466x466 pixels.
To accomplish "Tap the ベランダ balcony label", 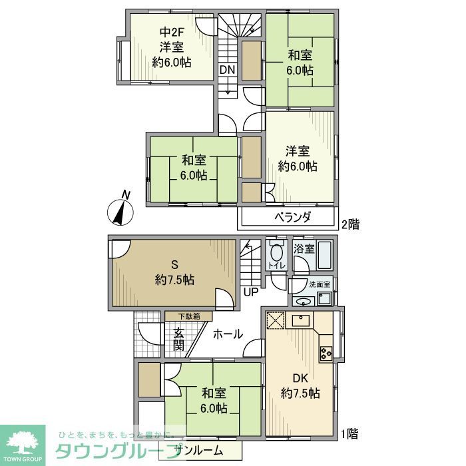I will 293,218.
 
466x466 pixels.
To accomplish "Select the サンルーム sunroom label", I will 199,451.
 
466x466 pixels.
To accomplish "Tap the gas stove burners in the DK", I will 326,352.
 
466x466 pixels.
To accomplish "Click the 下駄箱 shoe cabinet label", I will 188,316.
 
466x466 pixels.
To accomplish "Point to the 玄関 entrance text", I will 179,339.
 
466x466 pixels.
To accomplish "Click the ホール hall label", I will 228,335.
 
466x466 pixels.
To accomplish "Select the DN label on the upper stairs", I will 227,70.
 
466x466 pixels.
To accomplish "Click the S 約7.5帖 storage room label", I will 175,272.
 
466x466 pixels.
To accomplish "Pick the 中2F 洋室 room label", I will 171,47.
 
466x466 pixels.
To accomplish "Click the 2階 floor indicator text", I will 351,224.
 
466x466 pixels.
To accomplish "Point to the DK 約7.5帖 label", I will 300,385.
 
